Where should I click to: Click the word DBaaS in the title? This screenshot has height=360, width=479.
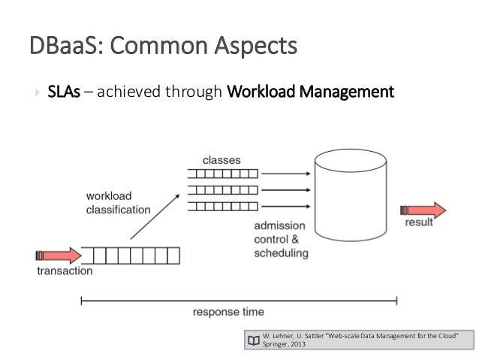click(59, 47)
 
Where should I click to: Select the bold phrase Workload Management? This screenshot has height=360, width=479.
click(309, 93)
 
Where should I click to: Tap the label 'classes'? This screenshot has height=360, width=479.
click(221, 160)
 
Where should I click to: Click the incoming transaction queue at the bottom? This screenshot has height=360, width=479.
click(131, 256)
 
